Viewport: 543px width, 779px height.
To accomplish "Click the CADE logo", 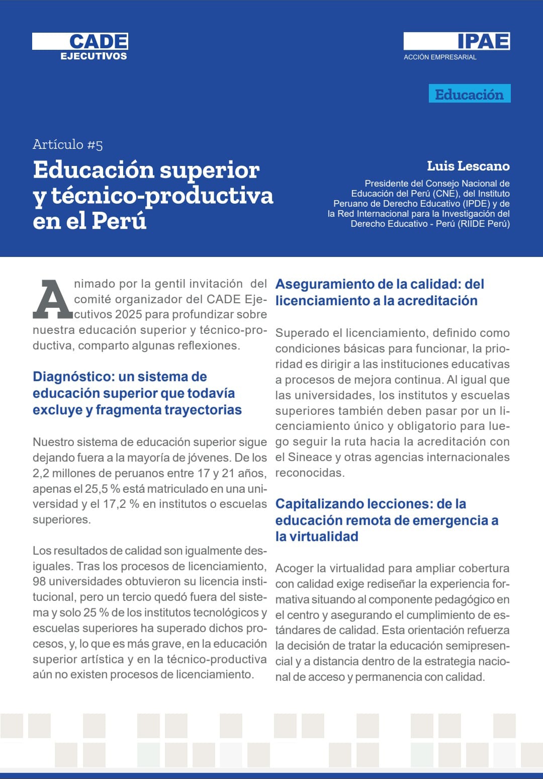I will (x=99, y=41).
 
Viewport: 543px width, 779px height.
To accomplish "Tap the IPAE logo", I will (x=483, y=41).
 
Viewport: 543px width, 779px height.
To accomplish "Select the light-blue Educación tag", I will (x=469, y=94).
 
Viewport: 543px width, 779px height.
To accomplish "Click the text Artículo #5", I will (x=68, y=145).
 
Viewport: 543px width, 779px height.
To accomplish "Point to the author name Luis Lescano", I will (x=468, y=166).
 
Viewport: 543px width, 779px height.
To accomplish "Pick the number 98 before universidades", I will (x=39, y=581).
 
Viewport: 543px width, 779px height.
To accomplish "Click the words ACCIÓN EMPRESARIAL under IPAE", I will (x=440, y=57).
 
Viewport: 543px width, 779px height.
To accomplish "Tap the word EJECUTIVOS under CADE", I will (x=94, y=56).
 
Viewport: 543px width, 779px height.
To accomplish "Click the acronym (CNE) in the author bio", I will (x=448, y=194).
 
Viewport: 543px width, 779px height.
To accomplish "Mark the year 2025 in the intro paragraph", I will (x=128, y=315).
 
